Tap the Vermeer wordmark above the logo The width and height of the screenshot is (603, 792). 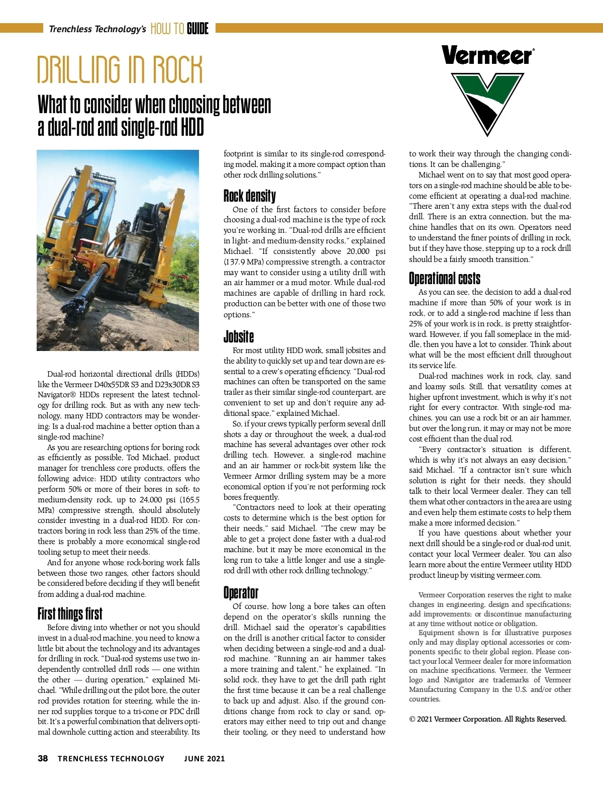487,55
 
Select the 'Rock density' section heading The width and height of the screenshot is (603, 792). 250,196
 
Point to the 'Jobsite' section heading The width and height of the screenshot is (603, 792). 239,336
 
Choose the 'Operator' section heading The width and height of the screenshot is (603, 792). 241,592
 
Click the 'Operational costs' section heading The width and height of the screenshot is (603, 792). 444,278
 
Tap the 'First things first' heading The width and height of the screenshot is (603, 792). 70,613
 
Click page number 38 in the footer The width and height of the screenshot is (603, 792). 43,758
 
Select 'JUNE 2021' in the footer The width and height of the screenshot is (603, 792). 204,758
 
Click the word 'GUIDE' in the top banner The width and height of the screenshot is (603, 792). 197,29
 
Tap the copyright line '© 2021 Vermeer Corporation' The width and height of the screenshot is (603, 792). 487,719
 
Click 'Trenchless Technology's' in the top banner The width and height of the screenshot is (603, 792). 97,29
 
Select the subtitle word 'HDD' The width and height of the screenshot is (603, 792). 192,127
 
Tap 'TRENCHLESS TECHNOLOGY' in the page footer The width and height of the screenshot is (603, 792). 111,758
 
